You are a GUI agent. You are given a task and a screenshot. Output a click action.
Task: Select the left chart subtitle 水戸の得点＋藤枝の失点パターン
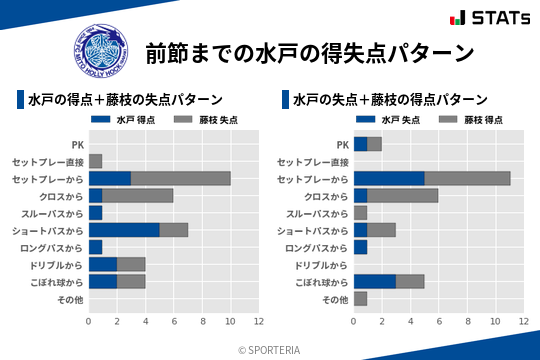125,100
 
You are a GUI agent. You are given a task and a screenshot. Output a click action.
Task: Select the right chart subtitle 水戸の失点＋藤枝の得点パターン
390,100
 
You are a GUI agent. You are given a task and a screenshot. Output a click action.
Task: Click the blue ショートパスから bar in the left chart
124,230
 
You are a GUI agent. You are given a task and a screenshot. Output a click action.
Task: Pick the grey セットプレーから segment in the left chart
181,178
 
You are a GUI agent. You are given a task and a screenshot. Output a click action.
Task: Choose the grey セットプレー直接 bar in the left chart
95,161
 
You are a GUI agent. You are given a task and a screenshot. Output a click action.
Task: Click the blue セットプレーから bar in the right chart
389,178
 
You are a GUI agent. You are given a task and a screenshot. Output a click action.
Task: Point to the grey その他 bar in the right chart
360,299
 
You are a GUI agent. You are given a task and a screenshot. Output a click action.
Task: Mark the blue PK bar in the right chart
360,144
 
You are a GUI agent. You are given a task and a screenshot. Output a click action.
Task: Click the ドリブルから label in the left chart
55,265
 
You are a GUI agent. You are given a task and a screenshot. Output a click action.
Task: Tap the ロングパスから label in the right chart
316,247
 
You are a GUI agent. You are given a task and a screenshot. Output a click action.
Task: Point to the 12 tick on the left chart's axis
259,321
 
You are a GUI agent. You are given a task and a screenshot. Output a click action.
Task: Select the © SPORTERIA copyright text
270,349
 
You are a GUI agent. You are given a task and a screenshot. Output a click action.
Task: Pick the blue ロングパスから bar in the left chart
95,247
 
